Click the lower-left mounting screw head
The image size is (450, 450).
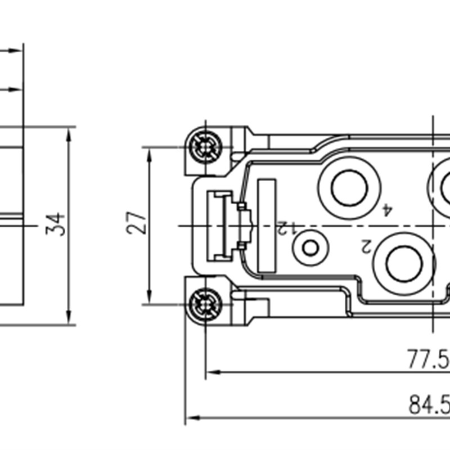pyautogui.click(x=205, y=304)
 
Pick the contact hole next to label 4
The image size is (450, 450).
pyautogui.click(x=349, y=187)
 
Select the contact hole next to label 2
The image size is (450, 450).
pyautogui.click(x=404, y=263)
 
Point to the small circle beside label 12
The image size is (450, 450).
pyautogui.click(x=310, y=247)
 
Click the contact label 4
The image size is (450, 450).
pyautogui.click(x=387, y=210)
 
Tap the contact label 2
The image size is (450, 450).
pyautogui.click(x=366, y=245)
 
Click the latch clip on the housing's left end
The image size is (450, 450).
pyautogui.click(x=225, y=226)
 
